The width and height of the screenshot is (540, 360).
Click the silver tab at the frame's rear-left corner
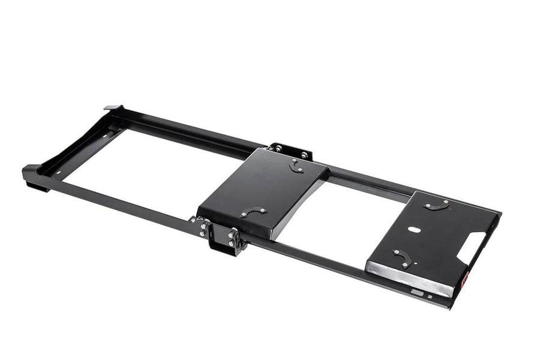pos(112,107)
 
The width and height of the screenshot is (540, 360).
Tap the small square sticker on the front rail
pos(430,296)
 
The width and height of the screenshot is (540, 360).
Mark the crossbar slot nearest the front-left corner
pos(59,173)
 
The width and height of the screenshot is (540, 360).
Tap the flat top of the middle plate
pos(264,183)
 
